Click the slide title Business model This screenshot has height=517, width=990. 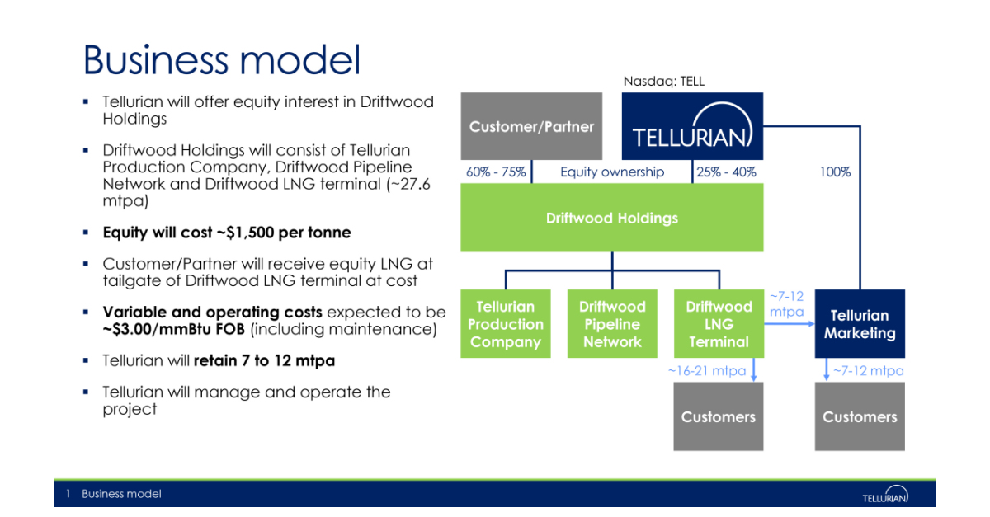(222, 60)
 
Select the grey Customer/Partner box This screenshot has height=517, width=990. (531, 126)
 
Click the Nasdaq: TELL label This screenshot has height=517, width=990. (663, 81)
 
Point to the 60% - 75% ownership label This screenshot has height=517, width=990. (496, 172)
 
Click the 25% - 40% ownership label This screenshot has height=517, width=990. (727, 172)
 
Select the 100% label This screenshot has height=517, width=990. (835, 172)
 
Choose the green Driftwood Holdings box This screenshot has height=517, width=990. (611, 218)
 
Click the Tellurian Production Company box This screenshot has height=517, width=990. (505, 323)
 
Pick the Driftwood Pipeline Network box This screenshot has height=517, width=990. (611, 323)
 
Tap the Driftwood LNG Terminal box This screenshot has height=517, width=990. (719, 323)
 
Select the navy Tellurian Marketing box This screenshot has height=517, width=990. (860, 323)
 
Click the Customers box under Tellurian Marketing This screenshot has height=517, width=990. (860, 416)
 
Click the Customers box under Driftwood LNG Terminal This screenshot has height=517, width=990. (719, 416)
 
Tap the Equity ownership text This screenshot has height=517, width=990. (611, 172)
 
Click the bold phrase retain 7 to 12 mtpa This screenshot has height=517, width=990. (264, 360)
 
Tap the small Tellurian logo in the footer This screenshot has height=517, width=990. (885, 495)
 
